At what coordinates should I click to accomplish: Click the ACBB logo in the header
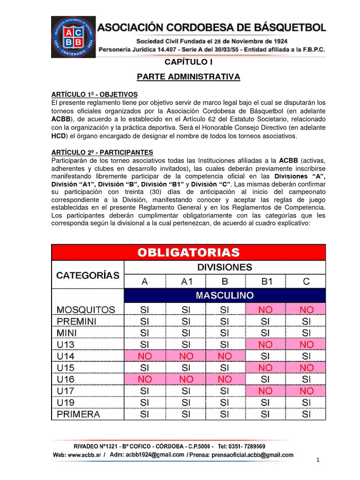tap(73, 37)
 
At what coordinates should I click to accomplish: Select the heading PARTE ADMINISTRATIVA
tap(188, 76)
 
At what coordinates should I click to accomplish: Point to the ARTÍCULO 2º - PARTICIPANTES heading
tap(102, 152)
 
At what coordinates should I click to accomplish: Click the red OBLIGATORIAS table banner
tap(188, 252)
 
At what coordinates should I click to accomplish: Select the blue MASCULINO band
tap(225, 295)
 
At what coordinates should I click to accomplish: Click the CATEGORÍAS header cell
tap(88, 275)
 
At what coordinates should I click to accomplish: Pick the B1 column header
tap(266, 282)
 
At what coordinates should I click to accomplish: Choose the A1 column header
tap(186, 282)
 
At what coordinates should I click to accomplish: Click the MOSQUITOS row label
tap(86, 310)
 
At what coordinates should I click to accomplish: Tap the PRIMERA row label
tap(78, 414)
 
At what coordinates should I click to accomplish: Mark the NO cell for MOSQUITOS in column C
tap(307, 310)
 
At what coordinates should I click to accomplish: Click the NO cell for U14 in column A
tap(144, 356)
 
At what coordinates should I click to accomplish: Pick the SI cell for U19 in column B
tap(225, 403)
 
